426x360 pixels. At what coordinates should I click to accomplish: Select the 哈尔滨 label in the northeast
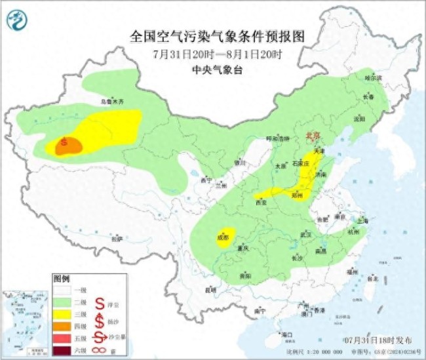[x=372, y=77]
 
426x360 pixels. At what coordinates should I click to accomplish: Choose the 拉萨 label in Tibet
[x=116, y=240]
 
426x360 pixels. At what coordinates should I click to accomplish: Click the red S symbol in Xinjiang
[x=64, y=140]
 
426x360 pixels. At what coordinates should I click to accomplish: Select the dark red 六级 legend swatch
[x=64, y=351]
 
